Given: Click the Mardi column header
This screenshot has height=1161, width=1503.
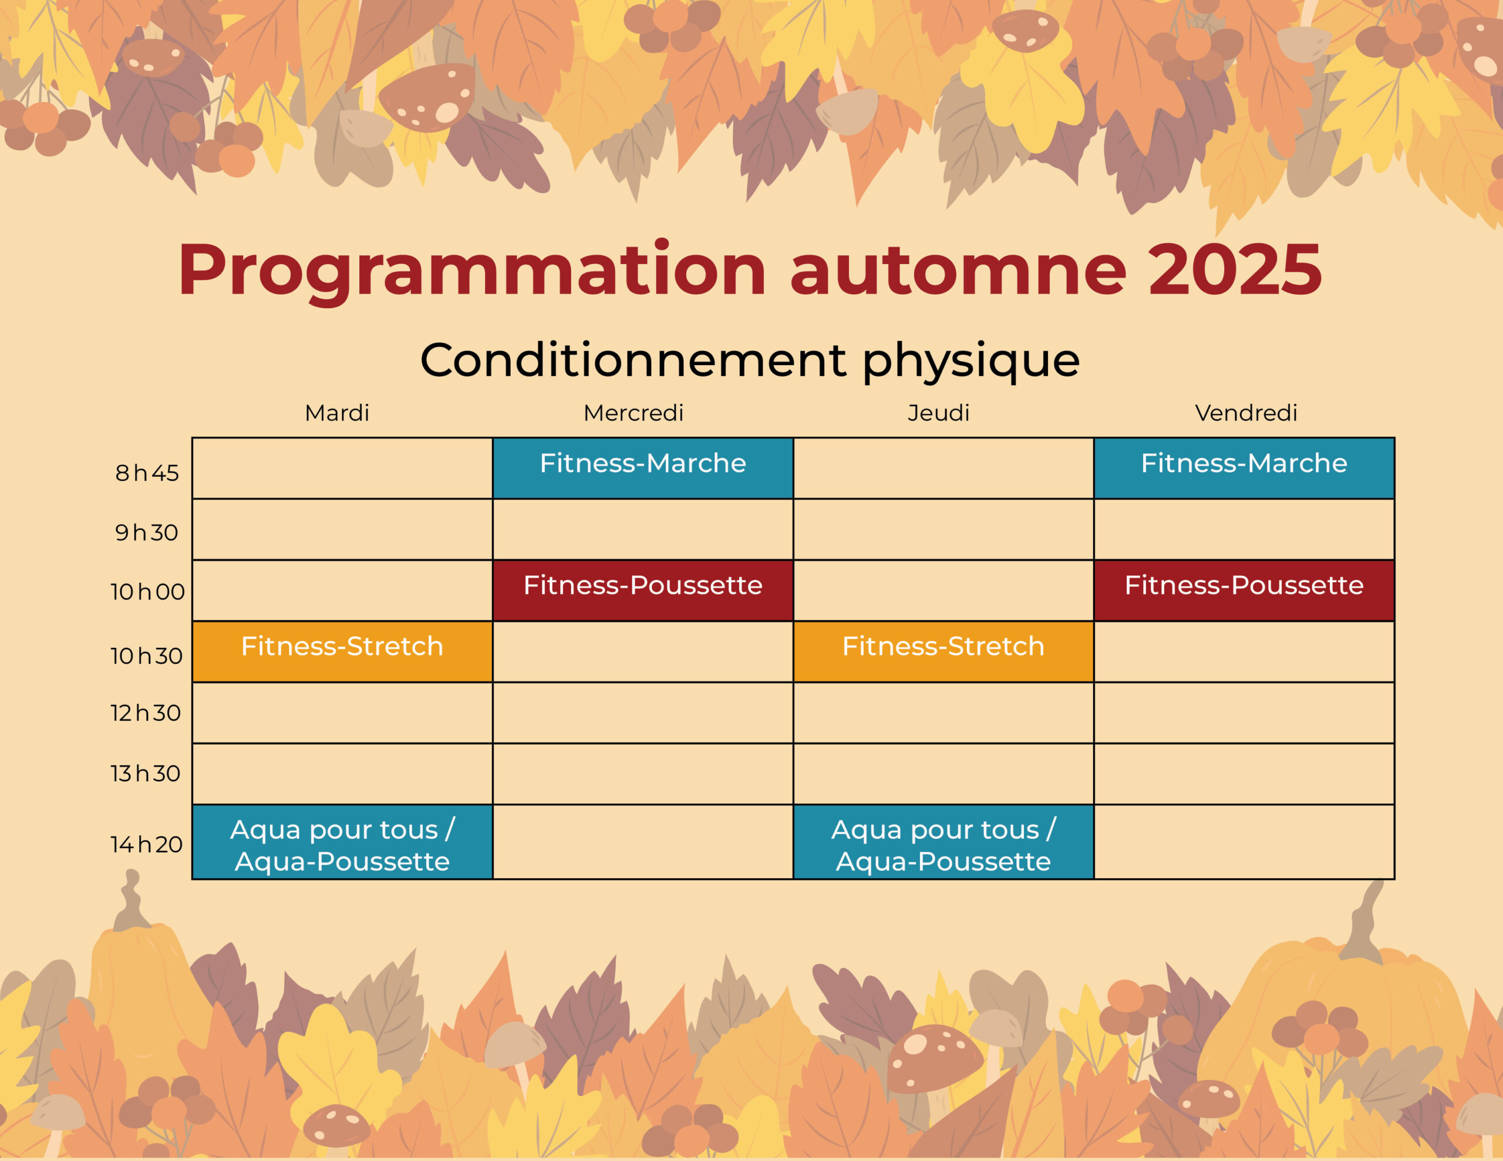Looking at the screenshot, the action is pos(336,413).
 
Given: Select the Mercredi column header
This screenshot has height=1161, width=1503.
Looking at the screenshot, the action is pos(633,413).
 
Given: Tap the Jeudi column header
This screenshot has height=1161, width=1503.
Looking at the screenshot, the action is pos(938,413).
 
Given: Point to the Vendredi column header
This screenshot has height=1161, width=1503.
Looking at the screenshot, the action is pos(1246,413).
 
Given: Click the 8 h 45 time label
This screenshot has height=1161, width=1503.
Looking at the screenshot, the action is pos(147,473).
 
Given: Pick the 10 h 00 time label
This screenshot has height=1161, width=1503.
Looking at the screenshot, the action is pos(147,591).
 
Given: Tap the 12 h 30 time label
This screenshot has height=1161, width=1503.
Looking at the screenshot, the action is pos(145,713).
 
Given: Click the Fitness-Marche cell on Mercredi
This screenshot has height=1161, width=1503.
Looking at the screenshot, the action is pos(643,468).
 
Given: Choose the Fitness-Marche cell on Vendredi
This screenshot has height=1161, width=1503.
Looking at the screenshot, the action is pos(1243,468).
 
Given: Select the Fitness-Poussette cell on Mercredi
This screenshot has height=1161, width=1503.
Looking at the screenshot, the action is pos(643,590).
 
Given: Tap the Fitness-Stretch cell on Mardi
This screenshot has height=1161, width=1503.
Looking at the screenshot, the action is pos(342,652).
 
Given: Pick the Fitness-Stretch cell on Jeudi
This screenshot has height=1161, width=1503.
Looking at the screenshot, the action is pos(943,652).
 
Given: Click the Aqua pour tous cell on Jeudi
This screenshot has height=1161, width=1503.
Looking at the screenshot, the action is pos(943,842).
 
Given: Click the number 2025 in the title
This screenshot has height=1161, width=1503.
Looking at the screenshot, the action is pos(1235,270).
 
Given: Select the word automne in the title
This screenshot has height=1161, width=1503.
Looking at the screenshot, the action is pos(958,270).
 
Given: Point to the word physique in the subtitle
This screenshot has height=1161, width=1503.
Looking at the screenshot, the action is pos(970,360).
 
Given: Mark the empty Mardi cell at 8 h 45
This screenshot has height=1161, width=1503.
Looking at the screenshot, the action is pos(342,468).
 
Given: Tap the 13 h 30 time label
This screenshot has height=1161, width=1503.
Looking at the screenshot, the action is pos(145,773).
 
